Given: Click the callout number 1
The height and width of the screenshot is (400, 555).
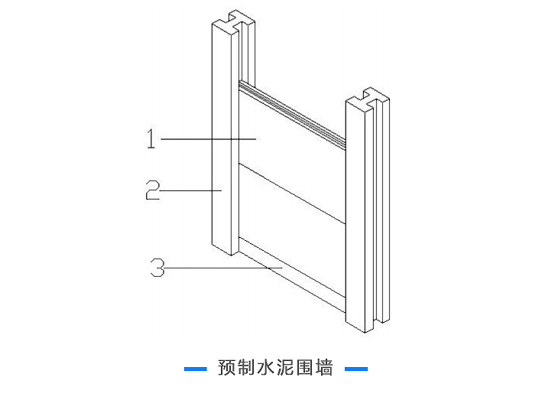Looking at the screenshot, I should pyautogui.click(x=151, y=139).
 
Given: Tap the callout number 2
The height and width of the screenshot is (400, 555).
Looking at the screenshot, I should pyautogui.click(x=153, y=189).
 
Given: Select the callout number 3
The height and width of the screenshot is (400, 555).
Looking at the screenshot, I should pyautogui.click(x=157, y=268).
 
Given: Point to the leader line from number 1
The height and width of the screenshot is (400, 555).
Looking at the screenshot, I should pyautogui.click(x=206, y=139).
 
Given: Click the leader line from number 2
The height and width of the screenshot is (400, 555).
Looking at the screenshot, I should pyautogui.click(x=191, y=190).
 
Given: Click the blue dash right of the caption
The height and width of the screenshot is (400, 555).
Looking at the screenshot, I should pyautogui.click(x=356, y=369).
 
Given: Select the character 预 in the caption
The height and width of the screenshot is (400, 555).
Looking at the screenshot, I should pyautogui.click(x=227, y=368).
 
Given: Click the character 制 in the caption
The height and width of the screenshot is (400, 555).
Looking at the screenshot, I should pyautogui.click(x=247, y=368).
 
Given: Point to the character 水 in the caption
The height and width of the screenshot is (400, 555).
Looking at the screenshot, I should pyautogui.click(x=267, y=368).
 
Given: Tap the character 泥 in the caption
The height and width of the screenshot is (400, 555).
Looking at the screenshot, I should pyautogui.click(x=286, y=368).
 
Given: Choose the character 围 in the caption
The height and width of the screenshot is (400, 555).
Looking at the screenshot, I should pyautogui.click(x=305, y=368).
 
